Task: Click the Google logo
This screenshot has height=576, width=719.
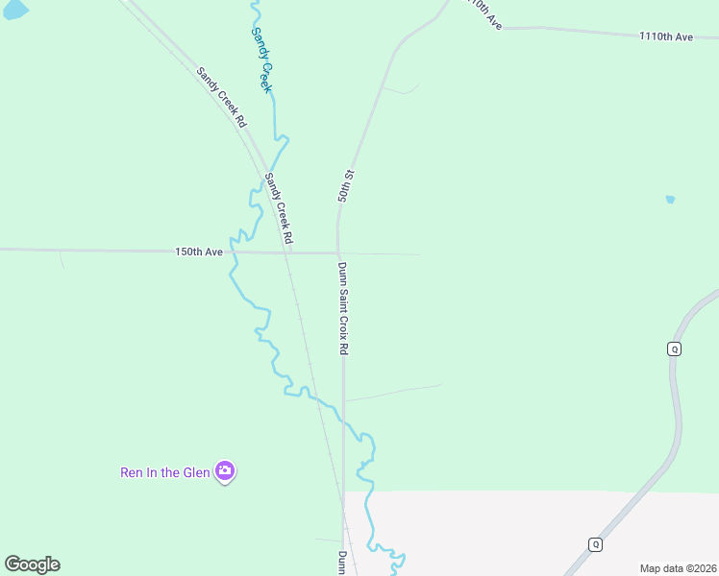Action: (32, 564)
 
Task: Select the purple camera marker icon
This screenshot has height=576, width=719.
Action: (225, 470)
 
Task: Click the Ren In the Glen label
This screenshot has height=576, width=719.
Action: (164, 472)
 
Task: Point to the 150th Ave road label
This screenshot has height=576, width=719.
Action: (199, 252)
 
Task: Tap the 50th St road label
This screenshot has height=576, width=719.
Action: (346, 186)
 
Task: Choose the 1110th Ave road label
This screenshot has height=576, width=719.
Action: (665, 36)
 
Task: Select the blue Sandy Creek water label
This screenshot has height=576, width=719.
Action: (262, 60)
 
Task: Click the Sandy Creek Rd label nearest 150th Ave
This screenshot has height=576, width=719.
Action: (279, 207)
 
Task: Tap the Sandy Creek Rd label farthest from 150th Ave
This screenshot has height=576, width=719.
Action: (222, 98)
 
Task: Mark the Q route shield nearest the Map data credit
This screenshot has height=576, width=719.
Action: (595, 544)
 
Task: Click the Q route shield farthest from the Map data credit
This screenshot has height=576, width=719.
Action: (674, 348)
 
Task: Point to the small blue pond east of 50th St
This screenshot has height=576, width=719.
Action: (670, 200)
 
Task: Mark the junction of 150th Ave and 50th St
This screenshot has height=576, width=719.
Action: (337, 253)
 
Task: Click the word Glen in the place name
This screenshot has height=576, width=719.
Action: (197, 472)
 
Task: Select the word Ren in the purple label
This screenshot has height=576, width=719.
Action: (131, 472)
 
